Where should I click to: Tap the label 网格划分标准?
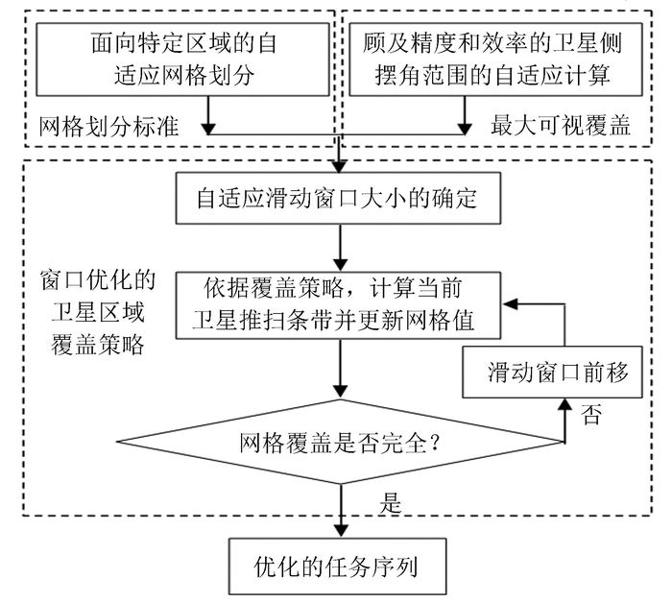[108, 126]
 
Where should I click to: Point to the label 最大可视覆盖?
[552, 126]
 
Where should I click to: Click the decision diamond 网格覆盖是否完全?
[341, 444]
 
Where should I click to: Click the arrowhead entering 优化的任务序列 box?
[341, 531]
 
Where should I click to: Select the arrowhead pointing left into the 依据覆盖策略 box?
[513, 303]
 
